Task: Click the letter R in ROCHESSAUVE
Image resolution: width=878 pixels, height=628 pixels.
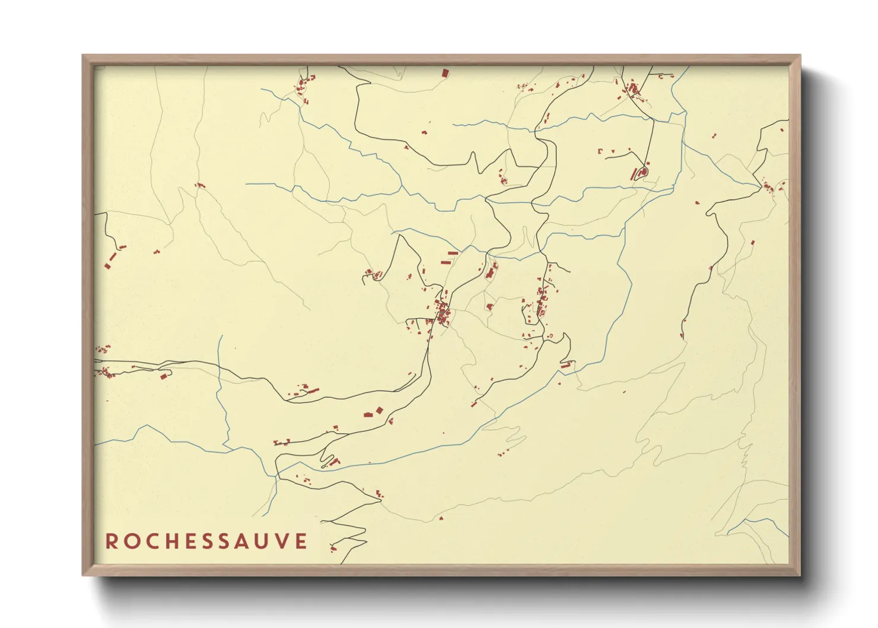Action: [112, 541]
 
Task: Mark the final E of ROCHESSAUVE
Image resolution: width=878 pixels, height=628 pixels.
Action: [302, 541]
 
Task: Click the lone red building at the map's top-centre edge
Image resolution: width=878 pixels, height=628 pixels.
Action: [444, 73]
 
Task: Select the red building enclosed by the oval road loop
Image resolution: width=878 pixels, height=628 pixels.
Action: [641, 173]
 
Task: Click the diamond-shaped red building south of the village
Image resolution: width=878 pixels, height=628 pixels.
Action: [489, 307]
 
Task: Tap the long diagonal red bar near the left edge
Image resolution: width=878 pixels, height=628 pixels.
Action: [110, 260]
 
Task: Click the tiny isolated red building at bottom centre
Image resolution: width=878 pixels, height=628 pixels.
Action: [441, 518]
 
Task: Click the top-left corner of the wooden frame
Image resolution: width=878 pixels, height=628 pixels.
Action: [83, 56]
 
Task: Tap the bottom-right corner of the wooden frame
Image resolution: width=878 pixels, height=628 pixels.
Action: [800, 575]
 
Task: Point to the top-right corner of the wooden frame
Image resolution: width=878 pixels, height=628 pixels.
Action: [800, 56]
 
